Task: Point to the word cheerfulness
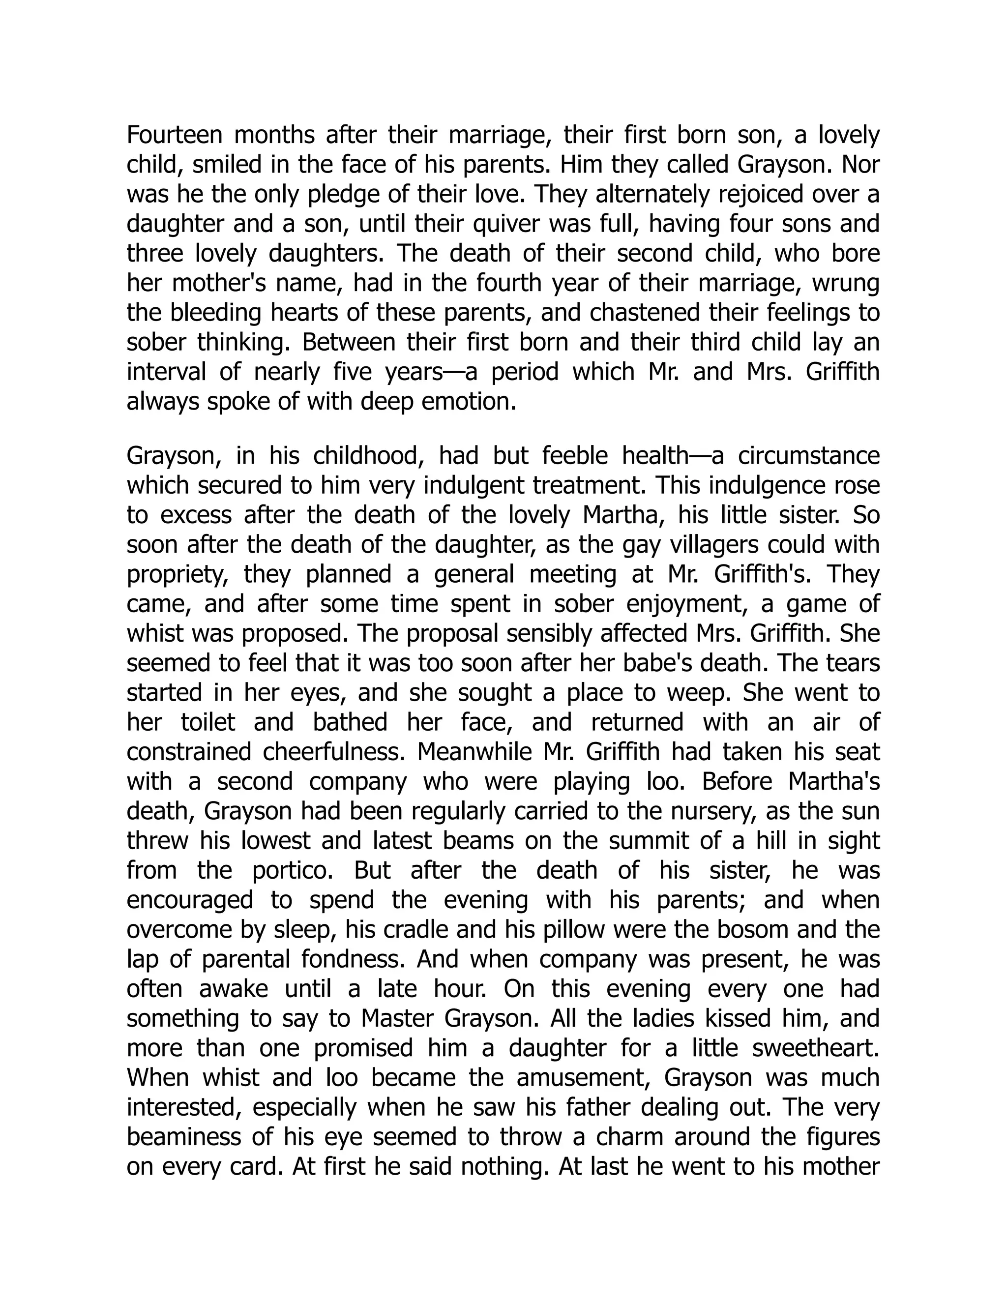pyautogui.click(x=334, y=752)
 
